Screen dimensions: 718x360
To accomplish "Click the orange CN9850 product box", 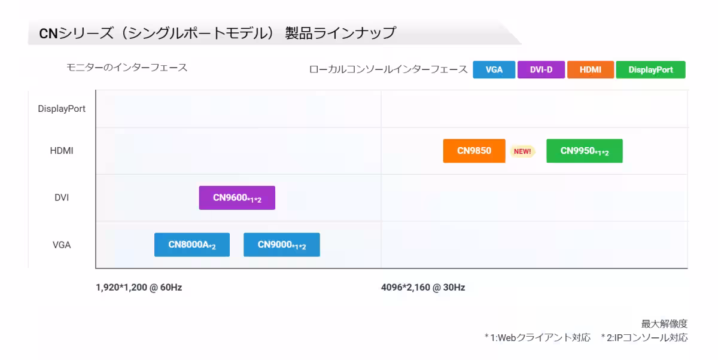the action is coord(474,151).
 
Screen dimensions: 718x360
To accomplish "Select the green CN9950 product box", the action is coord(585,151).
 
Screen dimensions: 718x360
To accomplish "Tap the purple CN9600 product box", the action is coord(237,198).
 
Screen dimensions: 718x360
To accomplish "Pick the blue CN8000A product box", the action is coord(192,245).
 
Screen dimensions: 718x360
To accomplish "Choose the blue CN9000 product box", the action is coord(282,245).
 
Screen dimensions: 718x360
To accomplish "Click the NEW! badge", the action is coord(522,151).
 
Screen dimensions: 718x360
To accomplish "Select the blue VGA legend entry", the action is coord(494,70).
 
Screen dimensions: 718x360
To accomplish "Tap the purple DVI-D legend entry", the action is coord(541,70).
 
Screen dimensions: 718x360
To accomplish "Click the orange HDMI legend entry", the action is coord(591,70).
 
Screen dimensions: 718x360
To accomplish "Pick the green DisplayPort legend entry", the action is coord(651,70).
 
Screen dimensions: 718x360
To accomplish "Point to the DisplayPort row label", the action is coord(62,109).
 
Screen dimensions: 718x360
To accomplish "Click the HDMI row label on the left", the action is coord(62,151).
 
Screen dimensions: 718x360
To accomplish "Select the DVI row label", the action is coord(62,197).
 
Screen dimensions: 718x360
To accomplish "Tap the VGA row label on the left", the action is coord(62,245).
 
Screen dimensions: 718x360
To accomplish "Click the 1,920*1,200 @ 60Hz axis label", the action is coord(139,287).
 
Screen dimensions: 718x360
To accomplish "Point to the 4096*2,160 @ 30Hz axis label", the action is coord(423,287).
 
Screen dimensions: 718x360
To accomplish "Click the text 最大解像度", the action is coord(664,324).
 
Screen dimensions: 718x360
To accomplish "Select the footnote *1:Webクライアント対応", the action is coord(537,338).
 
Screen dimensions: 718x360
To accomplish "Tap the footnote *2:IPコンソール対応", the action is coord(644,338).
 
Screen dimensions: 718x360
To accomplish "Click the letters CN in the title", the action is coord(48,33).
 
